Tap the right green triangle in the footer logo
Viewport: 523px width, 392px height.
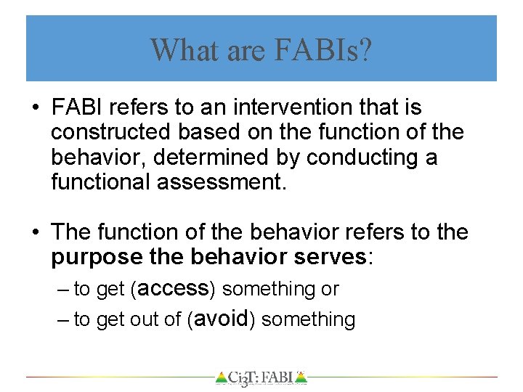[x=301, y=377]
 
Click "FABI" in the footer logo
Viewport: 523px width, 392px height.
[x=277, y=377]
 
